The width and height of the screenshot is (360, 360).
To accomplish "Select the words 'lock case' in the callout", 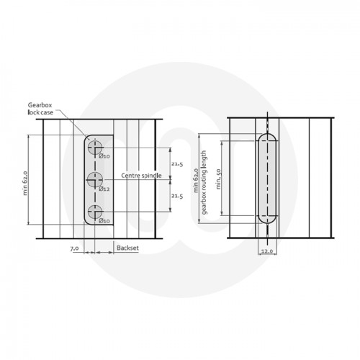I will pos(41,112).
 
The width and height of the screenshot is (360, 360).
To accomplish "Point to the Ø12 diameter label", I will pos(104,189).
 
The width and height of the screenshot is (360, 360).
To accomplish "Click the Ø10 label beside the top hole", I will pos(104,156).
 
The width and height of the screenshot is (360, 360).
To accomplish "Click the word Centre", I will pos(131,176).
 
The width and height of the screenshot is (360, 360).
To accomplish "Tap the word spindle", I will pos(153,176).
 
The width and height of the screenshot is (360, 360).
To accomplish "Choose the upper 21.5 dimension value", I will pos(177,163).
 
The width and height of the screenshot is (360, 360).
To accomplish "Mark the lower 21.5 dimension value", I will pos(177,195).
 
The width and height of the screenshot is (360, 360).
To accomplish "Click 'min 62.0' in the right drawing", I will pos(196,177).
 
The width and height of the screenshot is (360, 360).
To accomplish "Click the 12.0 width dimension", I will pos(267,251).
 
